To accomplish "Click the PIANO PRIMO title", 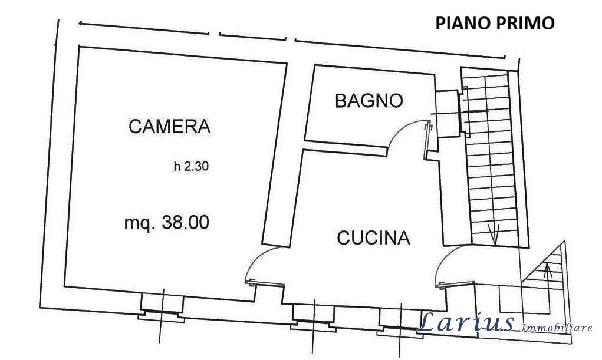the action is point(495,23).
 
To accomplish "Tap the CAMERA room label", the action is point(170,126).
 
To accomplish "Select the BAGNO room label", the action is point(369,101).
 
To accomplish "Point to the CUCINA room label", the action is point(374,238).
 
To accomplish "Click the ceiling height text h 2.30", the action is point(191,166).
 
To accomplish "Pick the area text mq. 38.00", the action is point(167,222).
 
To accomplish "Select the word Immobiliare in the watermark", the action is point(557,328).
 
